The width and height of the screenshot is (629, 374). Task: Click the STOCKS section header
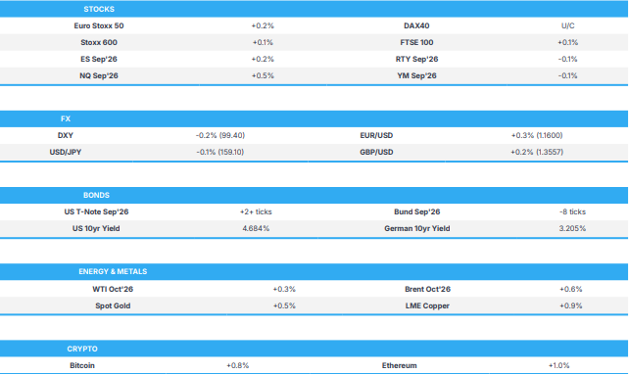(x=99, y=9)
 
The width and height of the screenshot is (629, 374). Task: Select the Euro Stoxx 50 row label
(x=99, y=25)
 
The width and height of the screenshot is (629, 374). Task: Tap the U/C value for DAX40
(x=567, y=25)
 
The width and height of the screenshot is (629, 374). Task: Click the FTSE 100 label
(x=416, y=42)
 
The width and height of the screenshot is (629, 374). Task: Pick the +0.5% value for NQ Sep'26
(x=263, y=75)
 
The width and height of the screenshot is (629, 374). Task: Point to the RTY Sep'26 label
(x=416, y=60)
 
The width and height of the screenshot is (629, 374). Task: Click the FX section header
(x=66, y=118)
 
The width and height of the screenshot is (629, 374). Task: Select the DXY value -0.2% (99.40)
(x=220, y=135)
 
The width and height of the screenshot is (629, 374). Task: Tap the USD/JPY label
(x=66, y=153)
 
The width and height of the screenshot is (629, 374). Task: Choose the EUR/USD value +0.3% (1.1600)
(x=537, y=135)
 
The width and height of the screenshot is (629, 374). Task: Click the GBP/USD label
(x=376, y=153)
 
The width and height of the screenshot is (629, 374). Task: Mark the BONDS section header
(x=96, y=195)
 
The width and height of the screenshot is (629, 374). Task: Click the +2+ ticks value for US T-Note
(x=256, y=211)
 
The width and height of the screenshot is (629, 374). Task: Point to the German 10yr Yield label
(x=416, y=228)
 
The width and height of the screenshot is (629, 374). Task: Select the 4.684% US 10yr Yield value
(x=256, y=228)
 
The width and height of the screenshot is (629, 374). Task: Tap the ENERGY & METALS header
(x=113, y=272)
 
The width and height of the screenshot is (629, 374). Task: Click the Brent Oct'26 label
(x=427, y=289)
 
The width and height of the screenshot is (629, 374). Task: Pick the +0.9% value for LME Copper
(x=571, y=305)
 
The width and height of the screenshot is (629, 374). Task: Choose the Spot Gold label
(x=113, y=305)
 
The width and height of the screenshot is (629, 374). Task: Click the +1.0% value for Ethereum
(x=558, y=365)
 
